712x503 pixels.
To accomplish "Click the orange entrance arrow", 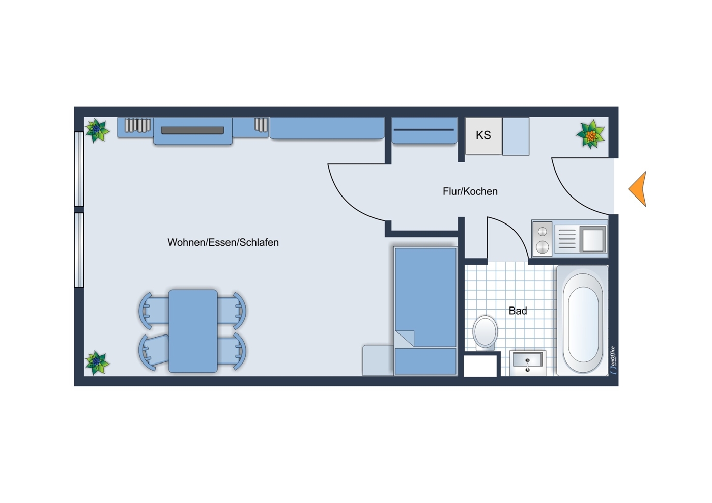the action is pos(639,189).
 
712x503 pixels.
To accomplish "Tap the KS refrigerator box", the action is pos(483,136).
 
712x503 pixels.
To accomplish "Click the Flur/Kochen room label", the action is pos(470,191).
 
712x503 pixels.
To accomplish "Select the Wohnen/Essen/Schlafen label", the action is pos(223,242).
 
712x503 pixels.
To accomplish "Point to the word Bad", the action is pos(518,311).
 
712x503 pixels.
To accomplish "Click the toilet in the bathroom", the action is pos(485,332).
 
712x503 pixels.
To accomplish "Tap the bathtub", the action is pos(583,321).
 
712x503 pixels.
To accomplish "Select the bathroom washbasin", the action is pos(528,363).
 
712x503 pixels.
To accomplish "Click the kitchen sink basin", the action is pos(593,239).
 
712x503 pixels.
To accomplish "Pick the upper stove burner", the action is pos(542,232).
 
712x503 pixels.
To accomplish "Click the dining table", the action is pos(193,331).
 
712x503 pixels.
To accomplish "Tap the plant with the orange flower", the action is pos(590,134).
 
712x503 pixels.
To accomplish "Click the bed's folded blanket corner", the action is pos(405,338).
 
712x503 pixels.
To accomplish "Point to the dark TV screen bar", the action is pos(192,130).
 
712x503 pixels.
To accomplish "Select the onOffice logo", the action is pos(613,360).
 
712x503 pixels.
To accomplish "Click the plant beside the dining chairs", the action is pos(97,363).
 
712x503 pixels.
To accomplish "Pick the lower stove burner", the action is pos(542,247).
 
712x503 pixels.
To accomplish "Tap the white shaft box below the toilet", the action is pos(480,366).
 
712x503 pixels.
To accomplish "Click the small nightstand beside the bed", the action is pos(378,360).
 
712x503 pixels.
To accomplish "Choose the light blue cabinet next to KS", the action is pos(516,136).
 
